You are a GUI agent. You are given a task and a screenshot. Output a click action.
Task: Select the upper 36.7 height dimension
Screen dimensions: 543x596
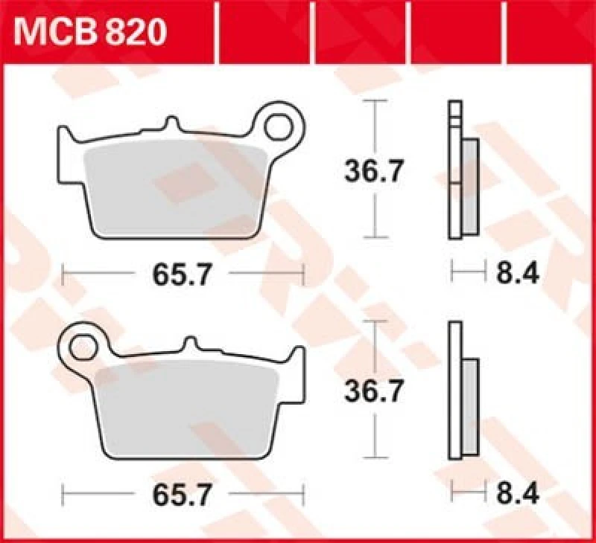click(x=373, y=172)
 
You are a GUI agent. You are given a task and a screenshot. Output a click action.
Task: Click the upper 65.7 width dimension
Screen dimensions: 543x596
click(x=183, y=274)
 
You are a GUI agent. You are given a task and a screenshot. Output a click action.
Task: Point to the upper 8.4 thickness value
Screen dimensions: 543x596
click(x=517, y=274)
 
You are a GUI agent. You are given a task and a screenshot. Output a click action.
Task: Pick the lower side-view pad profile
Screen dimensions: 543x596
click(x=463, y=391)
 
